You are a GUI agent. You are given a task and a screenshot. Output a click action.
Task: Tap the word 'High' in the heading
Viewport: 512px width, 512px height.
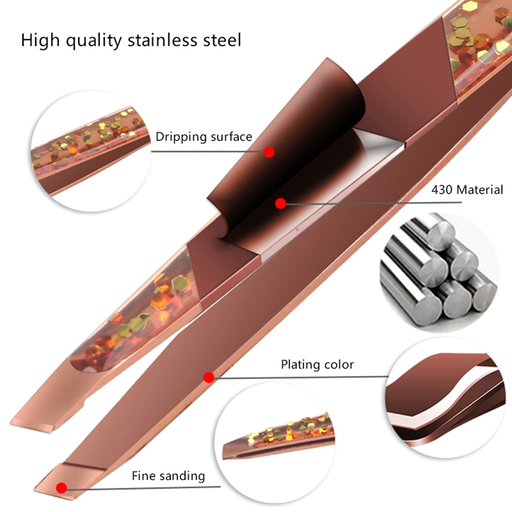[x=39, y=41]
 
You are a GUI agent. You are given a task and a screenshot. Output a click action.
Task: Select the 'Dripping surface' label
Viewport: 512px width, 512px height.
[x=204, y=136]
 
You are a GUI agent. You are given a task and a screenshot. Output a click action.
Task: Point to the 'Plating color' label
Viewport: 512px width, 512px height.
[x=317, y=364]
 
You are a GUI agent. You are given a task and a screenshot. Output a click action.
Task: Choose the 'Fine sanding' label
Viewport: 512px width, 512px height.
[x=168, y=476]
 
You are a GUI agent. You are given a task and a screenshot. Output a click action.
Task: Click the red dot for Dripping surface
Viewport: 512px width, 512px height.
[x=269, y=152]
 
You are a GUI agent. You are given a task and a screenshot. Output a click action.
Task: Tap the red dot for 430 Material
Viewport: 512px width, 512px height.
[x=280, y=203]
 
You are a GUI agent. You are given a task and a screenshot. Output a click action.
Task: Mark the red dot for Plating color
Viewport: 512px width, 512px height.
[x=208, y=378]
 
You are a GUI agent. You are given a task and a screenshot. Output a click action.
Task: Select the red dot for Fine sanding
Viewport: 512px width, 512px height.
[x=62, y=488]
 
